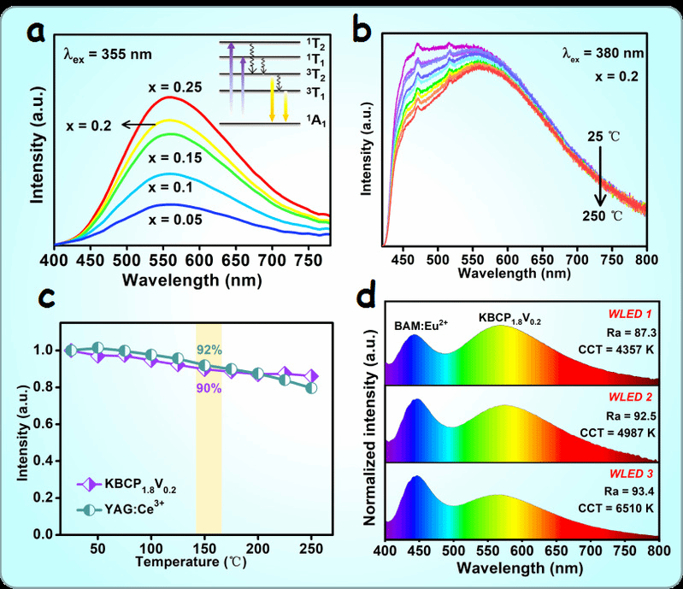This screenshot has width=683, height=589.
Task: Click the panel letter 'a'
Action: pos(38,32)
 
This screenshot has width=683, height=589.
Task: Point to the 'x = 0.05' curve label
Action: pos(175,220)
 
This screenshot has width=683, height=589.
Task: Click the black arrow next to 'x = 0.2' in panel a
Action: pos(131,125)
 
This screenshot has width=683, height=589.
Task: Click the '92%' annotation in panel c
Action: pos(209,350)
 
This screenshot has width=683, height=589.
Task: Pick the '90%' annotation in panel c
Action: pos(209,388)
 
